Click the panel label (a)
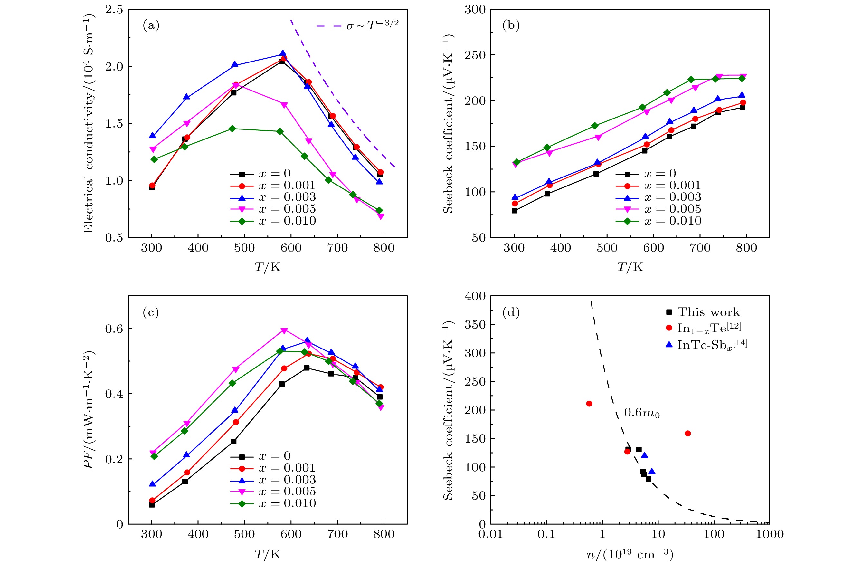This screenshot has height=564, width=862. coord(151,25)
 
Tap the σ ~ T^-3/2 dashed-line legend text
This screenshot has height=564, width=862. coord(372,25)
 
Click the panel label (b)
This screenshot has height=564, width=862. coord(511,25)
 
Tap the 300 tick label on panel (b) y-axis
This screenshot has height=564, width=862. coord(475,10)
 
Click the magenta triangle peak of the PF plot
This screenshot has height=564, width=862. coord(284,330)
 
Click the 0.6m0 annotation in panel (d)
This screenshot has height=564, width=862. coord(642,413)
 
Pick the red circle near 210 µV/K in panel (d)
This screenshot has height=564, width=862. coord(589,404)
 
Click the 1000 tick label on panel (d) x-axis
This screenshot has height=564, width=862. coord(770,534)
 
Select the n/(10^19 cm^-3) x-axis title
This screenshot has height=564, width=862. coord(630,554)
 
